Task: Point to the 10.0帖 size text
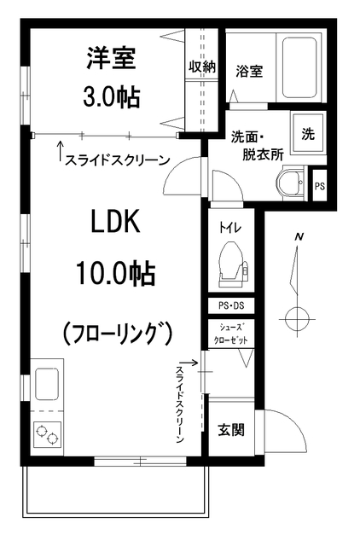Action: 114,273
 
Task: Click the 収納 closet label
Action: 202,67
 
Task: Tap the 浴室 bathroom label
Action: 248,72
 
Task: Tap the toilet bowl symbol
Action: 229,259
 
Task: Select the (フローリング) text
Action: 118,331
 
